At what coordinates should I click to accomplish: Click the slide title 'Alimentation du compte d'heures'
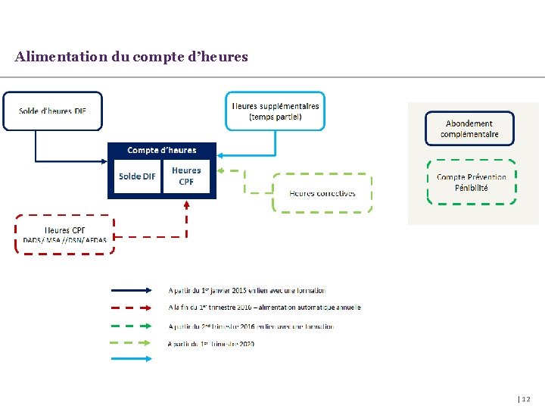(x=131, y=57)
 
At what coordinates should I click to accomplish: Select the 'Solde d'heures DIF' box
(x=52, y=111)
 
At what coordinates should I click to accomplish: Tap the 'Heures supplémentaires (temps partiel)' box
(x=275, y=111)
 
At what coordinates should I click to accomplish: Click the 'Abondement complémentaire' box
(x=469, y=129)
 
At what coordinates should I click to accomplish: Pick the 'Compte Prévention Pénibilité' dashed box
(x=472, y=182)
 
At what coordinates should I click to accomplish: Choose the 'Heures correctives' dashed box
(x=322, y=193)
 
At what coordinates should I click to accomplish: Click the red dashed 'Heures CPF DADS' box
(x=65, y=234)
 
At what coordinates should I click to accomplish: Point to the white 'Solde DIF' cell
(x=137, y=176)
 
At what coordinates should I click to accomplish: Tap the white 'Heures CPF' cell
(x=186, y=176)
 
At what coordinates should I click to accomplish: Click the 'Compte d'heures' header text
(x=162, y=150)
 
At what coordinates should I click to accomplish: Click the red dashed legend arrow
(x=132, y=308)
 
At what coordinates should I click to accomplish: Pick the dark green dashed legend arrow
(x=132, y=326)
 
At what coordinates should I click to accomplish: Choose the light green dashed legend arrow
(x=132, y=343)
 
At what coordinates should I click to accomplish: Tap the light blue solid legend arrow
(x=132, y=359)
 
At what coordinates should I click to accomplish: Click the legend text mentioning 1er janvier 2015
(x=248, y=290)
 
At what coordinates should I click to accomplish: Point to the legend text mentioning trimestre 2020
(x=212, y=344)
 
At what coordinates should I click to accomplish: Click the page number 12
(x=525, y=398)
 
